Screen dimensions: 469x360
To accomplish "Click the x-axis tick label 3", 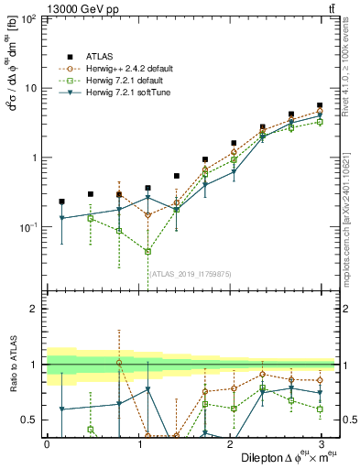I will pos(321,444).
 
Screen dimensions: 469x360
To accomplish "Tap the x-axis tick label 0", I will pos(47,444).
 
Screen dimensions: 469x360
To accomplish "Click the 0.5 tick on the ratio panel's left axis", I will pos(31,420).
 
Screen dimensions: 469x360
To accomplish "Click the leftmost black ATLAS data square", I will pos(61,202).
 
